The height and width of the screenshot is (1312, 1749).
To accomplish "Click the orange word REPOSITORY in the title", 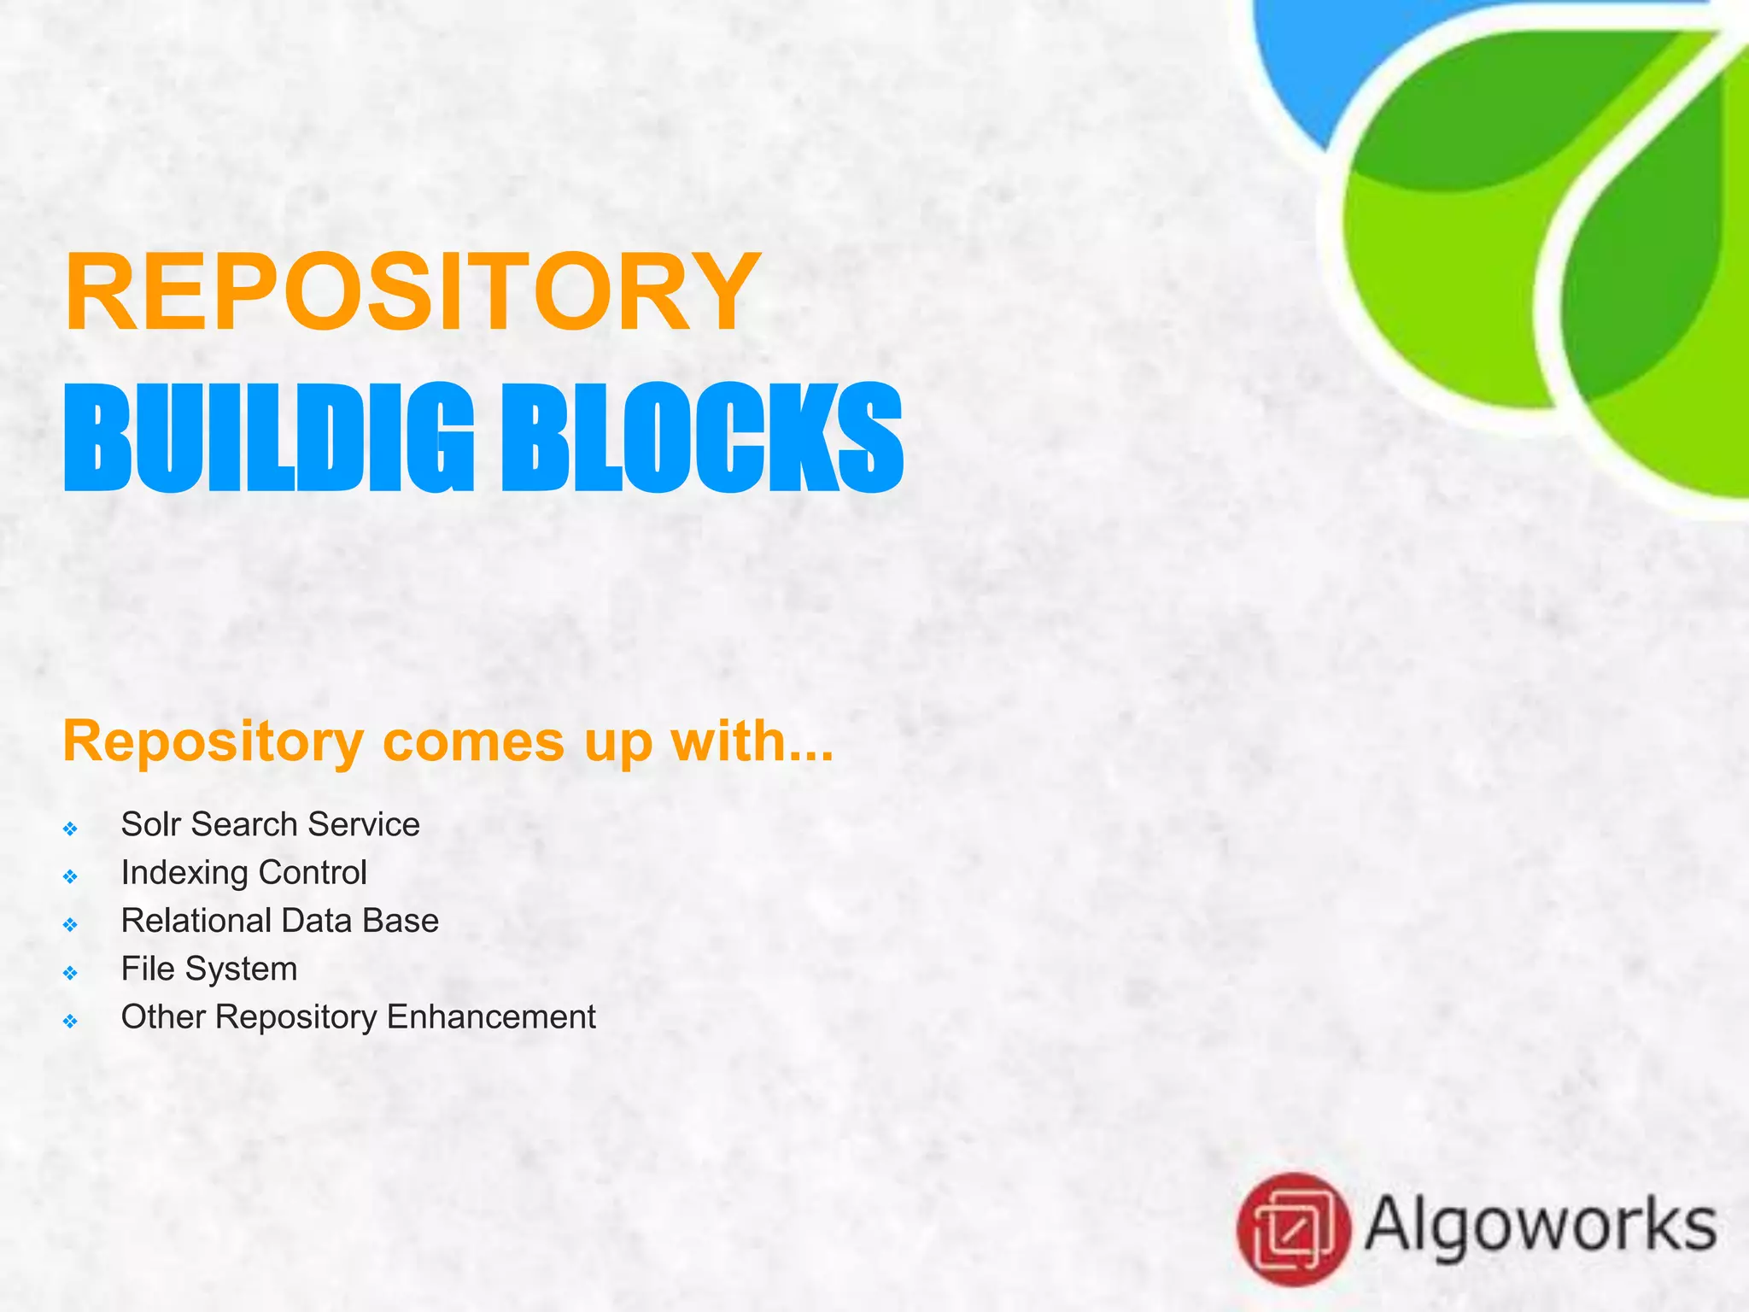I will [412, 292].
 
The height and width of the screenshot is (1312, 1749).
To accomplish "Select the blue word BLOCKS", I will [702, 437].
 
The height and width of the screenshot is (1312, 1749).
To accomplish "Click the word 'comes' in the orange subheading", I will [473, 741].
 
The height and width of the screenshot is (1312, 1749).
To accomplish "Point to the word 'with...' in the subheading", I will [752, 741].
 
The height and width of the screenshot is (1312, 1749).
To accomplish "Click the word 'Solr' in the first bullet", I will [150, 824].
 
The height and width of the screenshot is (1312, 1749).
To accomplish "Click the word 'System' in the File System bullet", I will [241, 969].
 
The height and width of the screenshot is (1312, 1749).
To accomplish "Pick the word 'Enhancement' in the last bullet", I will [491, 1017].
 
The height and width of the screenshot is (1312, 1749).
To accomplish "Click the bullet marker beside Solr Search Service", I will [71, 829].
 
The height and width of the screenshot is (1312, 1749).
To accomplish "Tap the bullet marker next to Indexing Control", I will [71, 876].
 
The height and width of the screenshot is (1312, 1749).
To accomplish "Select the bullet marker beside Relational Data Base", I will [71, 924].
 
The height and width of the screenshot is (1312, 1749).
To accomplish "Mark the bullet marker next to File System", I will [71, 973].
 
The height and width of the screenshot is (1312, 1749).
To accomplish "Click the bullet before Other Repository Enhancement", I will [71, 1021].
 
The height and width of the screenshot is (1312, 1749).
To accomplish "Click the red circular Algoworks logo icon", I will [1293, 1229].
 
